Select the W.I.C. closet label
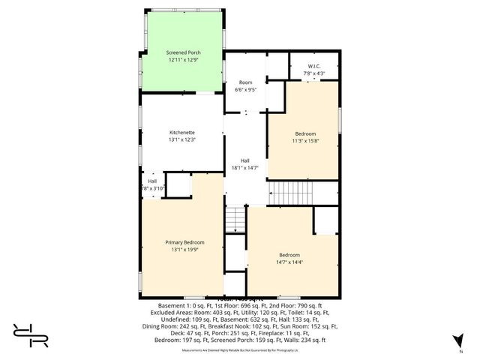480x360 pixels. click(x=313, y=67)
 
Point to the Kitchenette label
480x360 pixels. click(x=181, y=133)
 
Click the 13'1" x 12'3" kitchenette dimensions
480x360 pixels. click(x=181, y=139)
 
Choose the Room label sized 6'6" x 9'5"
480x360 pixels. click(x=245, y=82)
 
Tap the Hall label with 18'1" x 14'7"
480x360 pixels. click(x=245, y=160)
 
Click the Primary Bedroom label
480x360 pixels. click(x=184, y=242)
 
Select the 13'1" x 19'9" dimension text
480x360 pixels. click(x=184, y=249)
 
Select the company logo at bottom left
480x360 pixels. click(x=30, y=335)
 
